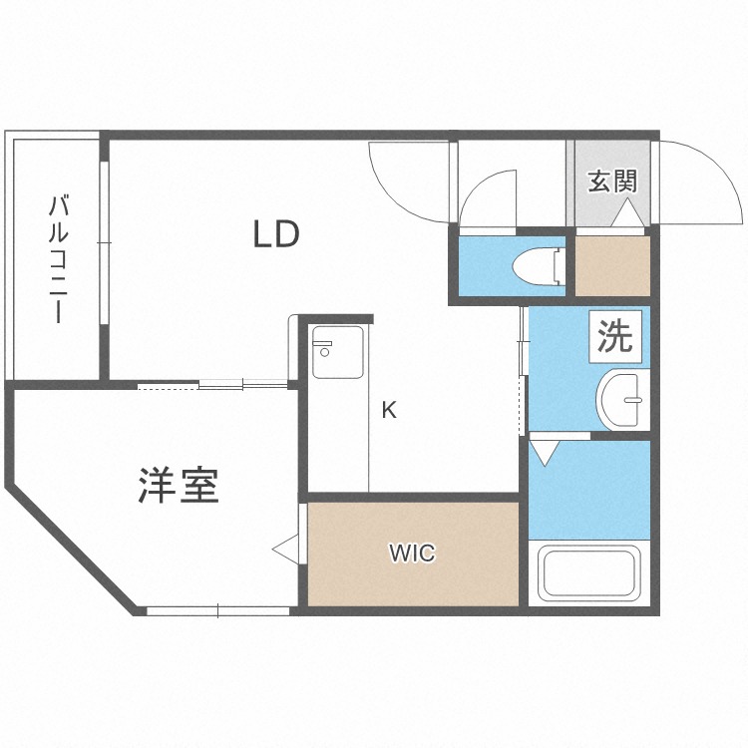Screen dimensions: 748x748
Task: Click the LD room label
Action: (276, 235)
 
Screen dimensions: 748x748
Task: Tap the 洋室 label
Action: (179, 486)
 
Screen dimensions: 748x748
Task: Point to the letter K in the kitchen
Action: (390, 409)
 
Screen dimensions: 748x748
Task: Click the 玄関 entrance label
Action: (611, 182)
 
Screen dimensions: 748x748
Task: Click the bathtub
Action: (588, 573)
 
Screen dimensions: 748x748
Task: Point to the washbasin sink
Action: (624, 400)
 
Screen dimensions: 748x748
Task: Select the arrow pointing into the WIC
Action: (285, 548)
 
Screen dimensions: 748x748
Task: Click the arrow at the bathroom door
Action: (544, 452)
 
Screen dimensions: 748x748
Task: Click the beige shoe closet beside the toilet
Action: (613, 265)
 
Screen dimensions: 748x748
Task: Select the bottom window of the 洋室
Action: (218, 610)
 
